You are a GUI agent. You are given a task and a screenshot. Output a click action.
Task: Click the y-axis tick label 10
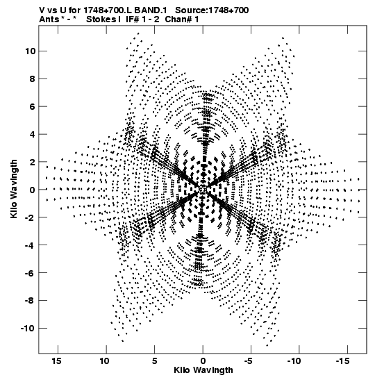30,51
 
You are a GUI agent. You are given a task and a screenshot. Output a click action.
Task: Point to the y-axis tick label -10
28,329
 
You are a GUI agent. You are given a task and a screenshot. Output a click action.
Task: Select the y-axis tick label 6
33,106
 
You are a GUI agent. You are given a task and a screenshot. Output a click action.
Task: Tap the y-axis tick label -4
30,245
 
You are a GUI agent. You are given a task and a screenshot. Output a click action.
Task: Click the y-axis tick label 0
33,190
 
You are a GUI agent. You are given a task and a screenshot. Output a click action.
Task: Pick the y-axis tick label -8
30,301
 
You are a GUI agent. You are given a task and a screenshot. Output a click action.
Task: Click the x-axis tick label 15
56,361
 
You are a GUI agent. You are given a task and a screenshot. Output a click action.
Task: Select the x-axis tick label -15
343,361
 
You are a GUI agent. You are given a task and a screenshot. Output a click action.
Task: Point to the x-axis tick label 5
155,361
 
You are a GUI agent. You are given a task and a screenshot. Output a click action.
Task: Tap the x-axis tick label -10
294,361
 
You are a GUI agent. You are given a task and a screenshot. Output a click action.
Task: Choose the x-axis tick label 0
203,361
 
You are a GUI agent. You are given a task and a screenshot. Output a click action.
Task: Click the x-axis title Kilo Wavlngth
203,370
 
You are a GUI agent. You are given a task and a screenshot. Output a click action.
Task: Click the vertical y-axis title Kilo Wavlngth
14,189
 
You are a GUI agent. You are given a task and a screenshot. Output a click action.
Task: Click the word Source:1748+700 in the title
212,10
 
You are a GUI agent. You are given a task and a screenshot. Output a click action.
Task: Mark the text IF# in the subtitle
133,19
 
